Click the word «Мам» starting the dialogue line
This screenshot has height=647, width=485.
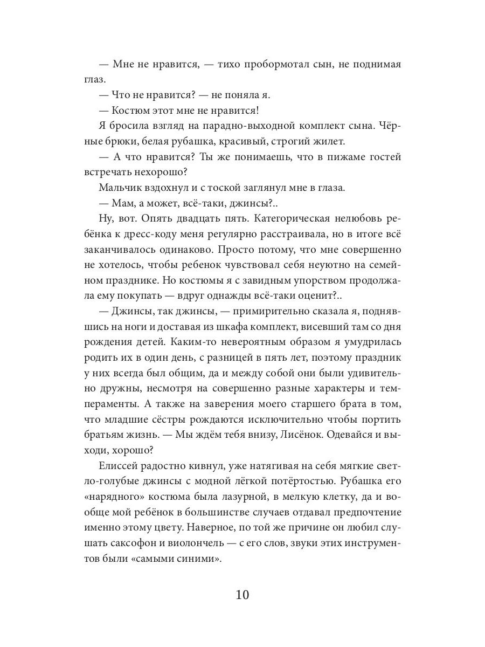click(124, 204)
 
